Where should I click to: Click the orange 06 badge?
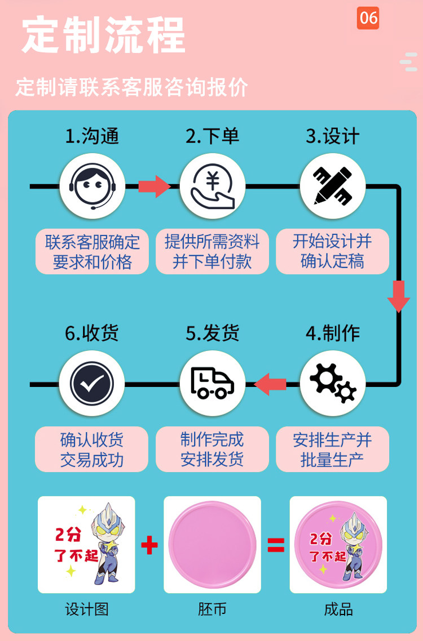click(368, 19)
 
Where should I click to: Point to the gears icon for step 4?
click(333, 384)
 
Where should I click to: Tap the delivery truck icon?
click(213, 384)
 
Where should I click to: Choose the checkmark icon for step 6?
click(92, 384)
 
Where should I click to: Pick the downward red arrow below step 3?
click(399, 296)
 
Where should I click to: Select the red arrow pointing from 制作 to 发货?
click(271, 384)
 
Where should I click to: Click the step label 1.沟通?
click(92, 136)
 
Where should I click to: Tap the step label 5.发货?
click(212, 333)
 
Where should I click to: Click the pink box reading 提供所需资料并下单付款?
click(212, 252)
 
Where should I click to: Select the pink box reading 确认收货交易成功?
click(92, 449)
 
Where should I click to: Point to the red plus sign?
click(149, 545)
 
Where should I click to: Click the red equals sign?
click(276, 545)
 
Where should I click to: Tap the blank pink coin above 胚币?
click(212, 545)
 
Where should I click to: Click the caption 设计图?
click(86, 609)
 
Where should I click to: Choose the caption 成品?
click(338, 609)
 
